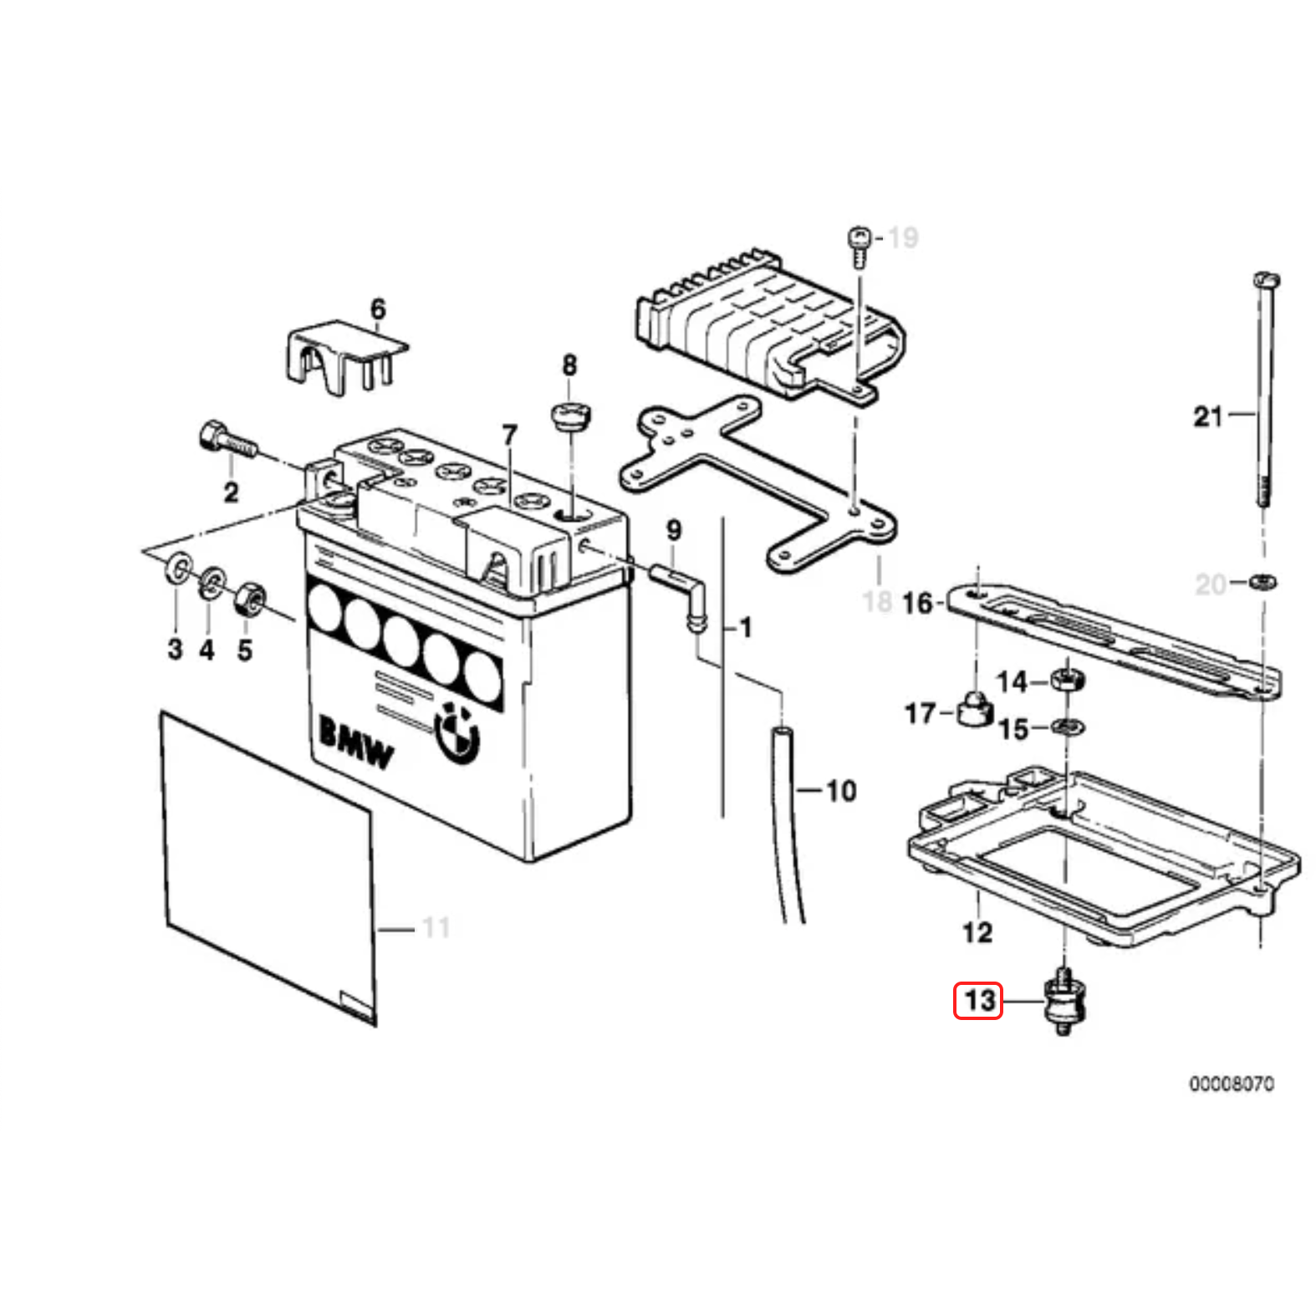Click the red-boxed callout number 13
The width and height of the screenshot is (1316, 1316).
[978, 1000]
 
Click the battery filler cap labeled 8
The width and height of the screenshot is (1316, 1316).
[571, 416]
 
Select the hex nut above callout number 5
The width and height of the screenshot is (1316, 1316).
[248, 599]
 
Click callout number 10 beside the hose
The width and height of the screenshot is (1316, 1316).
[841, 790]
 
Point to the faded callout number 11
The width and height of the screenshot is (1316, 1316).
[436, 927]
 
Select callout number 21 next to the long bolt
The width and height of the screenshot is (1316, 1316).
[1207, 416]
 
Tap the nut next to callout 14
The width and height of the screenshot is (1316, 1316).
[1067, 678]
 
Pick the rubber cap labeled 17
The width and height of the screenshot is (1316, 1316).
[974, 710]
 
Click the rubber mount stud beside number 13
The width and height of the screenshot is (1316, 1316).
[1064, 1004]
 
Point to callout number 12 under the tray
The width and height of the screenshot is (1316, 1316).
[977, 931]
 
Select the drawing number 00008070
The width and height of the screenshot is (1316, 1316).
[1232, 1084]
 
